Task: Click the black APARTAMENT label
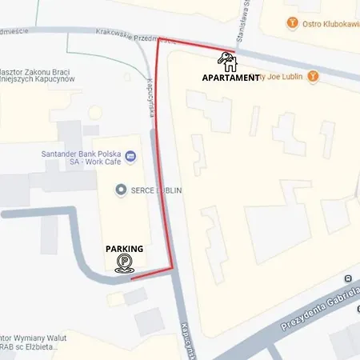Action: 230,78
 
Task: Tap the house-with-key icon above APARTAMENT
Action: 226,61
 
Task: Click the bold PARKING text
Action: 124,249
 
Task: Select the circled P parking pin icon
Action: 124,264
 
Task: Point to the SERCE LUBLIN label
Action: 156,190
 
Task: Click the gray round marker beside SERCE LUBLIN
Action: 121,190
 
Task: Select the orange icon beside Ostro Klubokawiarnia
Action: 293,22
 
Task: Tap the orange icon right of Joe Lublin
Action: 314,77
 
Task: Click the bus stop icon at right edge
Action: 348,279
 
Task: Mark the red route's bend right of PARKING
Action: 173,269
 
